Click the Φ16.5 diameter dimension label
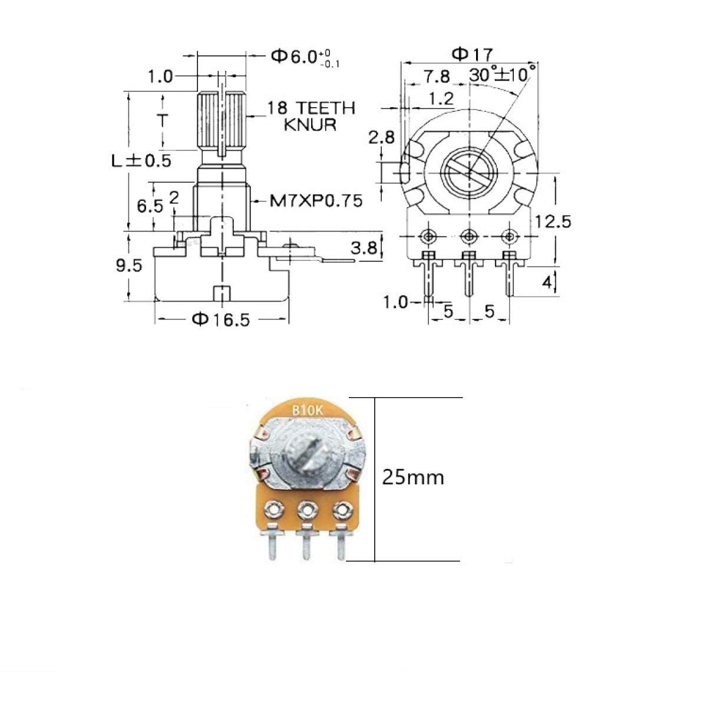click(x=221, y=319)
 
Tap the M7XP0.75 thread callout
click(x=316, y=201)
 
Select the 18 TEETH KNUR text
click(x=311, y=116)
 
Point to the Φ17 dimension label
click(x=471, y=54)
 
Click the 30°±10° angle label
click(x=503, y=75)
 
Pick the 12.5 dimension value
click(x=553, y=222)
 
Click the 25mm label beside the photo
click(x=413, y=477)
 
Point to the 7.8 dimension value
click(x=437, y=77)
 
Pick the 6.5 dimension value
click(x=149, y=207)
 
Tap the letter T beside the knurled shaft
click(x=163, y=121)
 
